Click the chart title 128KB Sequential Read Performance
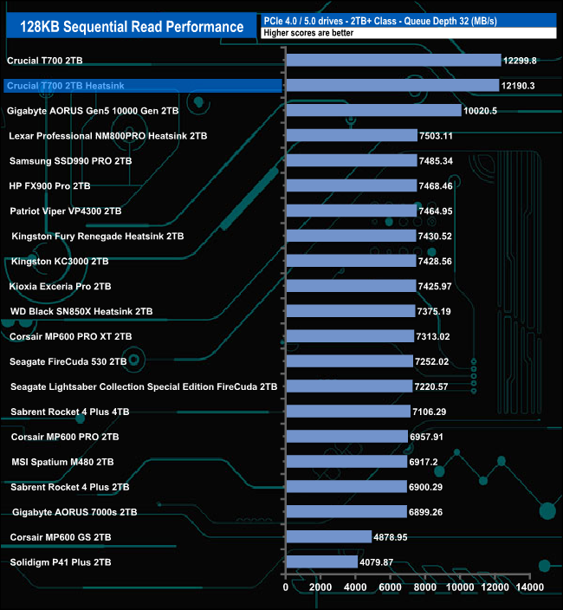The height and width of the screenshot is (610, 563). click(132, 27)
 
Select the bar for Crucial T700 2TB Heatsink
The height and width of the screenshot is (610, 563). click(392, 85)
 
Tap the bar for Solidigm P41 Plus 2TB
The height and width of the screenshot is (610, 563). click(321, 562)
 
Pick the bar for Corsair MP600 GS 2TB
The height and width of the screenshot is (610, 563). click(328, 537)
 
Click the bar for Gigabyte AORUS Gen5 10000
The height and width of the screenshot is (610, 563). click(373, 110)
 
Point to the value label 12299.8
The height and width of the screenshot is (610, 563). click(522, 61)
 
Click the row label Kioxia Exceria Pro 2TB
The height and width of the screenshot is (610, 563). click(60, 286)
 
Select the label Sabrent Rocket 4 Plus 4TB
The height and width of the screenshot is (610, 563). click(70, 412)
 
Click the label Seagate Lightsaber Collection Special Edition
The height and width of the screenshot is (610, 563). click(144, 386)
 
